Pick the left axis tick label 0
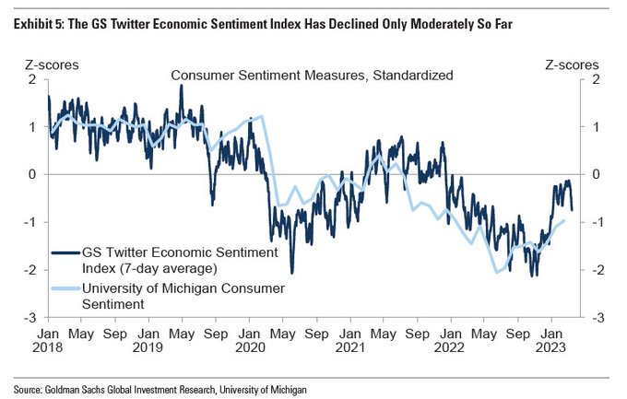click(x=34, y=174)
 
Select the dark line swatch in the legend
click(x=65, y=251)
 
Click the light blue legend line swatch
click(x=65, y=288)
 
